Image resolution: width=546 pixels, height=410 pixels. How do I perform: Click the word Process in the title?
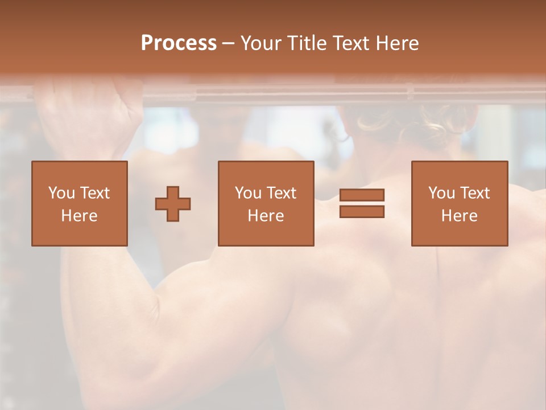(x=179, y=43)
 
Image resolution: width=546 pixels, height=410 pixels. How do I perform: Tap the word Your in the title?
(x=262, y=43)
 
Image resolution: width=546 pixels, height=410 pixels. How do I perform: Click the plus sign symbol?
(x=173, y=203)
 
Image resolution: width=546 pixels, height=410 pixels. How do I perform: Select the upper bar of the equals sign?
(x=362, y=195)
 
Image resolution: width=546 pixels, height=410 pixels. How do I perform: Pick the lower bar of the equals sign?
(x=362, y=211)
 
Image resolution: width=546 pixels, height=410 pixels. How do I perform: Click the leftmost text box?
(x=79, y=203)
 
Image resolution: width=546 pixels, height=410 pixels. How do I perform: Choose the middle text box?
(x=266, y=203)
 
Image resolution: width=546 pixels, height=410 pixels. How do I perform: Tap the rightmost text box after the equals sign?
(x=459, y=203)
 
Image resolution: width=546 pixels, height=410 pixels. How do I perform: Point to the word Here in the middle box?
(x=266, y=215)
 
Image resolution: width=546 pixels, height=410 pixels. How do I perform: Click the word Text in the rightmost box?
(x=475, y=192)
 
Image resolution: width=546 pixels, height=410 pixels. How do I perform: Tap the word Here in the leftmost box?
(x=79, y=215)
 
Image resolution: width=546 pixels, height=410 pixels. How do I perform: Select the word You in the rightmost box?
(x=442, y=192)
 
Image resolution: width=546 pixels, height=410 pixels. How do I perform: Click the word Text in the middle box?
(x=282, y=192)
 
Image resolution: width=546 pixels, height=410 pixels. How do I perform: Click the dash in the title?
(x=229, y=43)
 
